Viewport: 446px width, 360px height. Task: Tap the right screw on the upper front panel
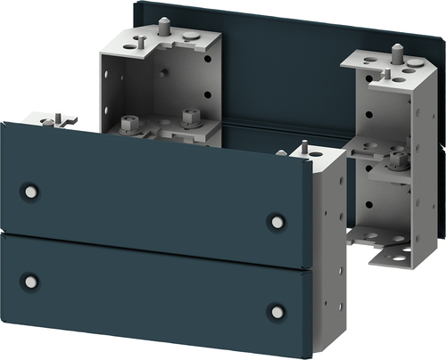(x=277, y=220)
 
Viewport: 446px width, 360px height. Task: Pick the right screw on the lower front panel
(x=277, y=312)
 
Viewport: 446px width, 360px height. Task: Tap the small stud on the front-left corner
(x=55, y=117)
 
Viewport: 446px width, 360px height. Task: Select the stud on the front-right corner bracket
(x=304, y=147)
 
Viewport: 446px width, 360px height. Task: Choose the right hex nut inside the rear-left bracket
(x=189, y=117)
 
